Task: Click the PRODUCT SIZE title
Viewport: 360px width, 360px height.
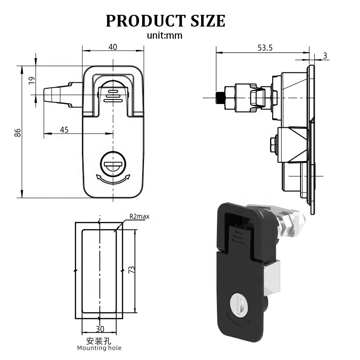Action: [x=165, y=21]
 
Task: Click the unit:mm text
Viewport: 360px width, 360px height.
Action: [x=165, y=36]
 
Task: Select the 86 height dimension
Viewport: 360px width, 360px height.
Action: [x=18, y=132]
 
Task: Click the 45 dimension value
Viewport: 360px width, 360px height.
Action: [x=64, y=130]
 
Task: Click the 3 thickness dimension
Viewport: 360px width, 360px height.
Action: [x=325, y=55]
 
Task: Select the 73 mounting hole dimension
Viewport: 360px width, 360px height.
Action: [x=131, y=270]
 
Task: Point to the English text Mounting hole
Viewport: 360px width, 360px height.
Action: [x=99, y=348]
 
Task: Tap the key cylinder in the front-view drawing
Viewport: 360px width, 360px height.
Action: [x=112, y=164]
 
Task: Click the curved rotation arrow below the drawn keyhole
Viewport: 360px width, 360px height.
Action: [x=112, y=180]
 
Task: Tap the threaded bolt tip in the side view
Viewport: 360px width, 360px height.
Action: [x=220, y=98]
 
